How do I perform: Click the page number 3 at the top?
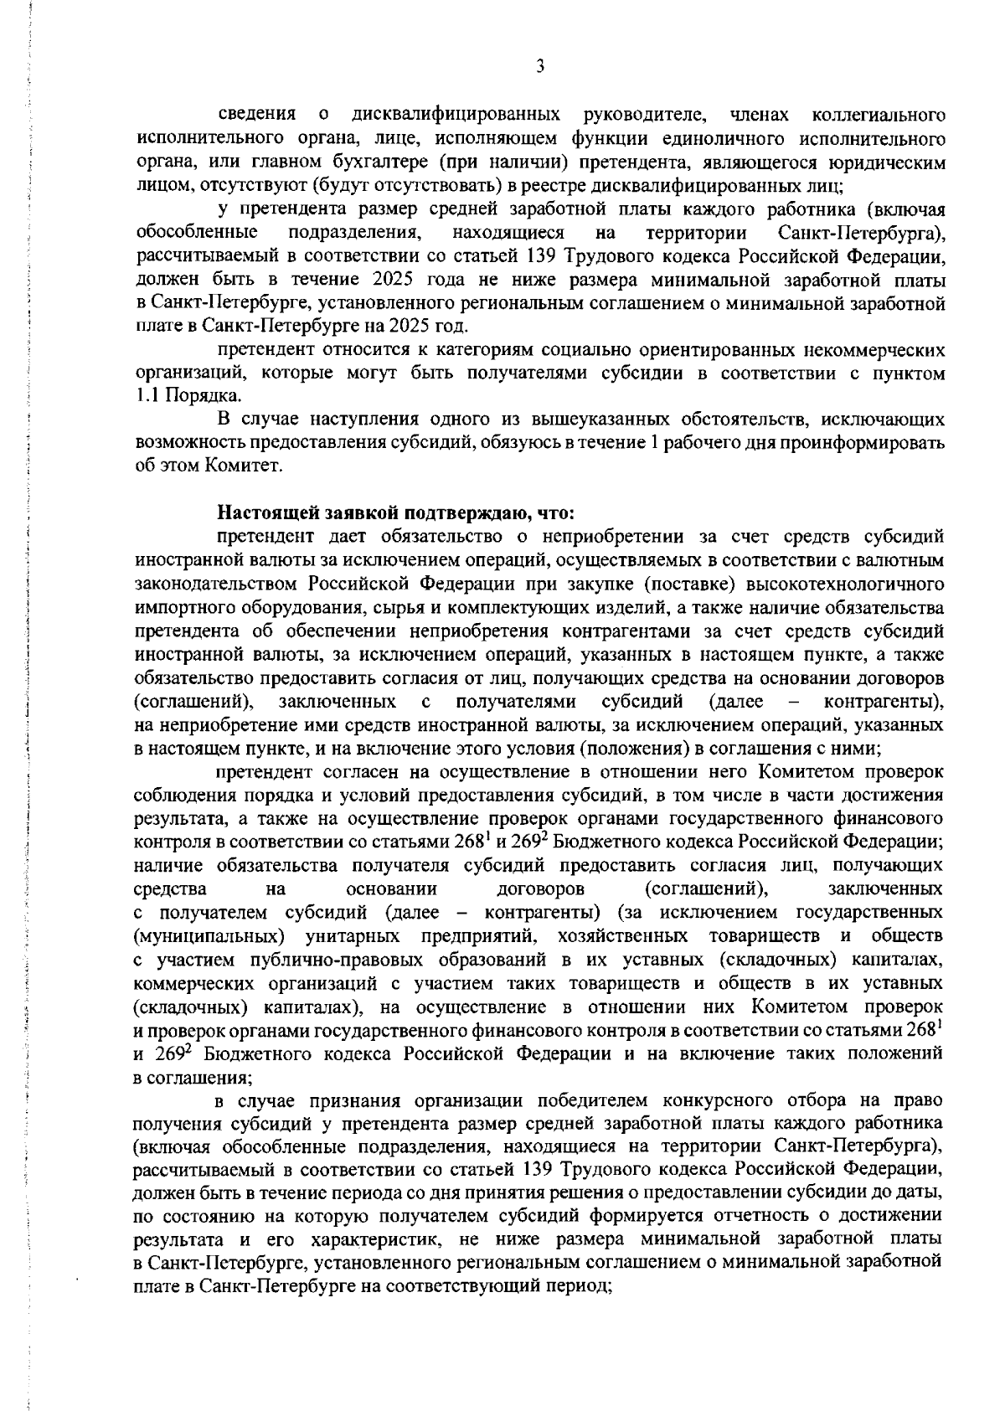[x=539, y=67]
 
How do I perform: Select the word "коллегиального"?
[x=879, y=114]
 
